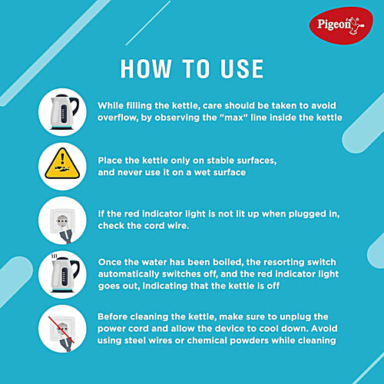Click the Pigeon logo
[x=341, y=25]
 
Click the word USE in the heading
[x=242, y=68]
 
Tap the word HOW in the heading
[x=146, y=68]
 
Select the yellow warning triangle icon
[x=62, y=164]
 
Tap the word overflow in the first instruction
[x=117, y=118]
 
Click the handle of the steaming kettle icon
[x=76, y=269]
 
